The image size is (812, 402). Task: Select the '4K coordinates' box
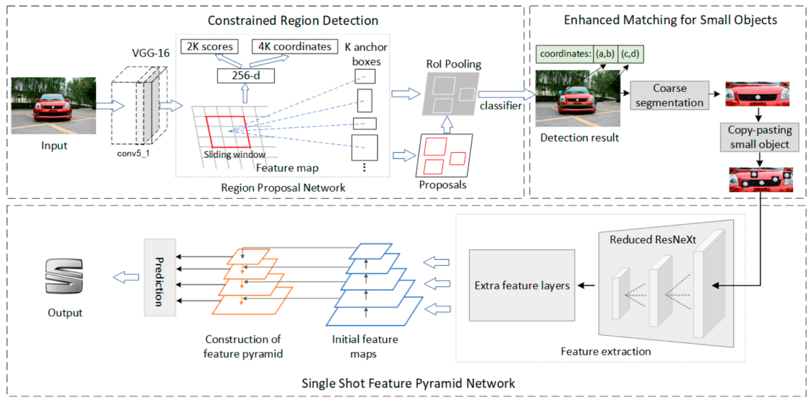coord(294,47)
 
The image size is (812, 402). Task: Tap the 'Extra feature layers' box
coord(521,286)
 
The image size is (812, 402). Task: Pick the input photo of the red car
coord(53,106)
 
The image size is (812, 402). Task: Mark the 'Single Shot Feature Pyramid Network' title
coord(408,383)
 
